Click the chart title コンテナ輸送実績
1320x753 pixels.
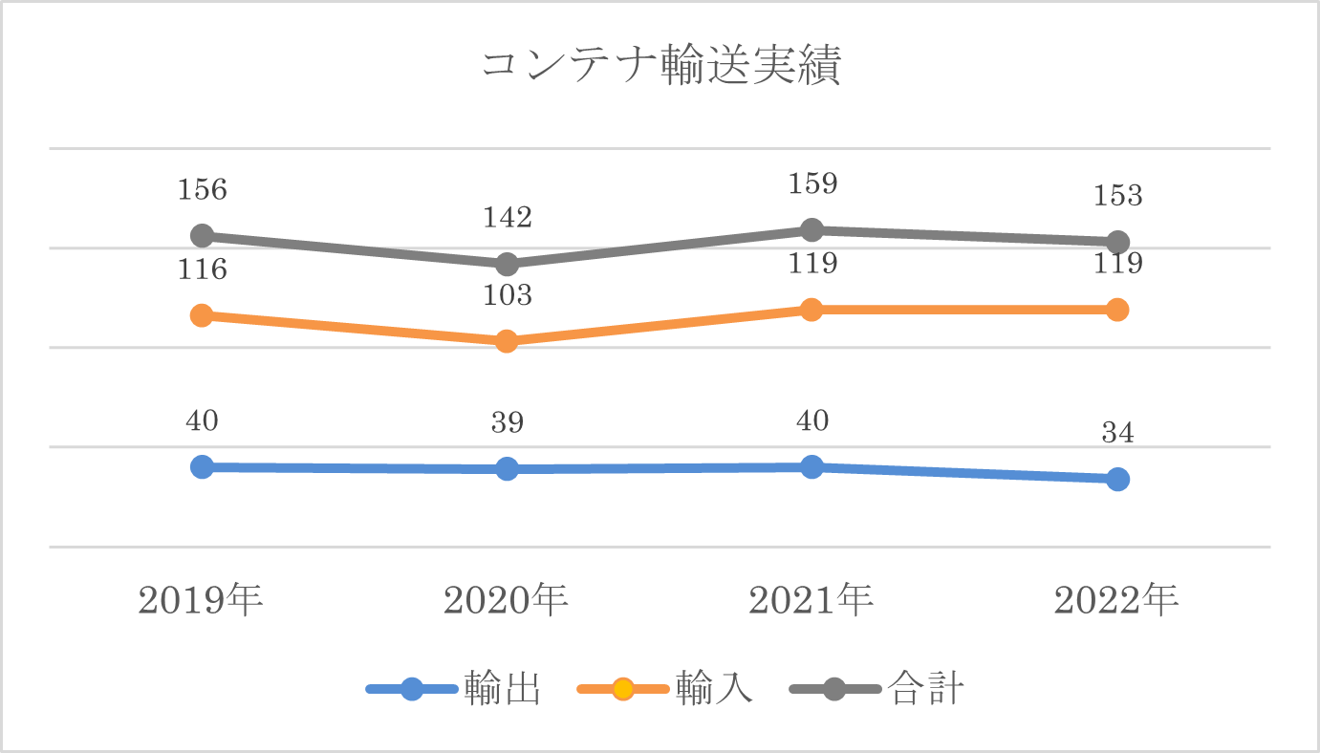point(660,68)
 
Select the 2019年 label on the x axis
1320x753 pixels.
point(201,601)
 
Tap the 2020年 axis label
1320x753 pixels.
point(507,601)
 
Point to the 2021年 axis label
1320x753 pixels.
point(811,601)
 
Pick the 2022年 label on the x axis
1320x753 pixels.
point(1116,601)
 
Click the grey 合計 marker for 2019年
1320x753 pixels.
point(202,235)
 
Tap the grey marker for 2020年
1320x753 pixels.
point(508,264)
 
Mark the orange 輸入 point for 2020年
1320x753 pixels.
point(508,341)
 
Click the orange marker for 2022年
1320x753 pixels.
point(1117,310)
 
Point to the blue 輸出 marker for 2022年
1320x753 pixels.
point(1117,479)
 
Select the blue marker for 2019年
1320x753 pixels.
point(202,466)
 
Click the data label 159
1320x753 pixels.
point(812,183)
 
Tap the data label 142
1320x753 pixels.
point(508,218)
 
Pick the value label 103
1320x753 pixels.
point(508,295)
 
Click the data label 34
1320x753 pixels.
point(1117,434)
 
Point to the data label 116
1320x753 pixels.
point(203,269)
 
